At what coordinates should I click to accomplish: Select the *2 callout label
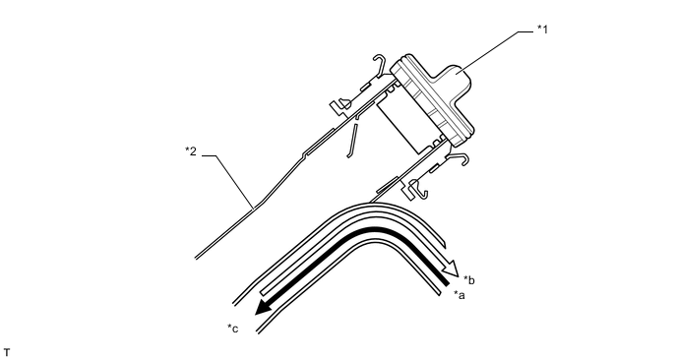pos(192,150)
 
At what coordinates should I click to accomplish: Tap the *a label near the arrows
pos(459,294)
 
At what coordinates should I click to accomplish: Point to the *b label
pos(470,280)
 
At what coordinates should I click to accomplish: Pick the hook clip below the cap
pos(459,163)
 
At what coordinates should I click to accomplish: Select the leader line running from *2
pos(232,177)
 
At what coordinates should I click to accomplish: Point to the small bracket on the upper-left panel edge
pos(340,101)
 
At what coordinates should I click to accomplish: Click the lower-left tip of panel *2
pos(198,257)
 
